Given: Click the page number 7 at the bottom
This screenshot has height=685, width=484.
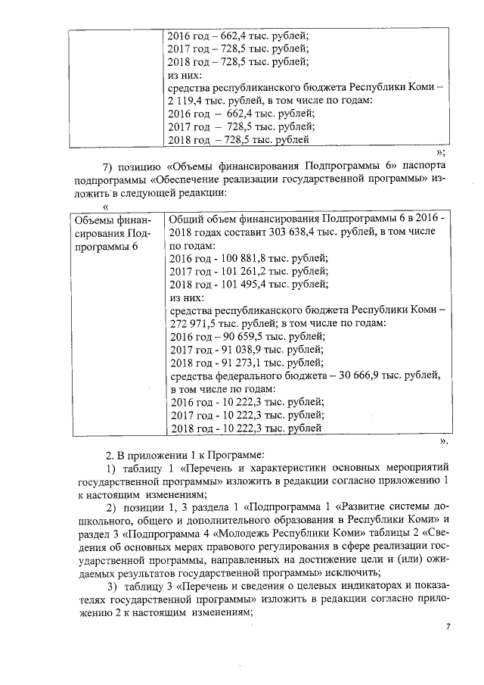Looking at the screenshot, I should pos(448,626).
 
